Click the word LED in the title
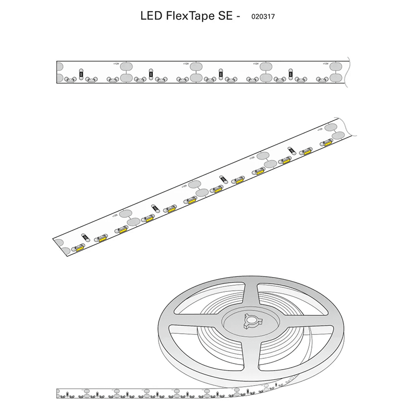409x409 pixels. point(151,16)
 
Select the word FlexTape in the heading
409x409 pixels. point(190,16)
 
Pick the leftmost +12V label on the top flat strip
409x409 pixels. point(116,63)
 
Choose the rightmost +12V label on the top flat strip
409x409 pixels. point(326,63)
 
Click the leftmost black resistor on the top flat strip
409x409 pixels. point(80,73)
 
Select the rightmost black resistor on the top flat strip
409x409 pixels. point(291,73)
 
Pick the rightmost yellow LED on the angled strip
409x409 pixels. point(327,144)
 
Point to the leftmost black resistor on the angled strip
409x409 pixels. point(85,237)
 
